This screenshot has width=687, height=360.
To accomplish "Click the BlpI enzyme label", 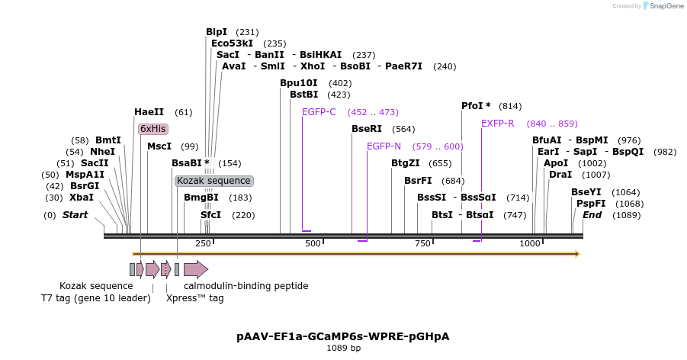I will pos(217,32).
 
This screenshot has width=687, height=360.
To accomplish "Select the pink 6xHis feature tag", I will pos(152,129).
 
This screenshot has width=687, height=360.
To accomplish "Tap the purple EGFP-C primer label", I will pos(319,112).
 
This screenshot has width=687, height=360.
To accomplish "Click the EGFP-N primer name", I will pos(384,146).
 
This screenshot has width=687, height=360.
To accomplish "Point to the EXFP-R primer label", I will pos(497,124).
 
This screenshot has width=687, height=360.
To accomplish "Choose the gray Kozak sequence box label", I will pos(213,181).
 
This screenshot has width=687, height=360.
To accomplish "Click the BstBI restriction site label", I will pos(303,95).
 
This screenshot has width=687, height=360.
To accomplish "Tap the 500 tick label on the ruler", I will pos(313,243).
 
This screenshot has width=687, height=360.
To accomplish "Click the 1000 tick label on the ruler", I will pos(530,243).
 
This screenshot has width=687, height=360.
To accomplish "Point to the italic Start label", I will pos(75,215).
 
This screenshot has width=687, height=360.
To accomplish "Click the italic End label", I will pos(592,215).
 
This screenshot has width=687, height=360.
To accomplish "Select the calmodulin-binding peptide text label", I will pos(246,286).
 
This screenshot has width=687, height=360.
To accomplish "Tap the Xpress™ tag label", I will pos(195,298).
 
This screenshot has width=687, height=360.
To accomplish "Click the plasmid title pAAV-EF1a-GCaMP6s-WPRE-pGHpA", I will pos(343,336).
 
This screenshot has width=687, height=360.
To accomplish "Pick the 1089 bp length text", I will pos(343,349).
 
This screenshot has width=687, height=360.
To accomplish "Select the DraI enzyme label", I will pos(560,175).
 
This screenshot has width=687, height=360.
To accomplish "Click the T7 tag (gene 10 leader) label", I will pos(96,298).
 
